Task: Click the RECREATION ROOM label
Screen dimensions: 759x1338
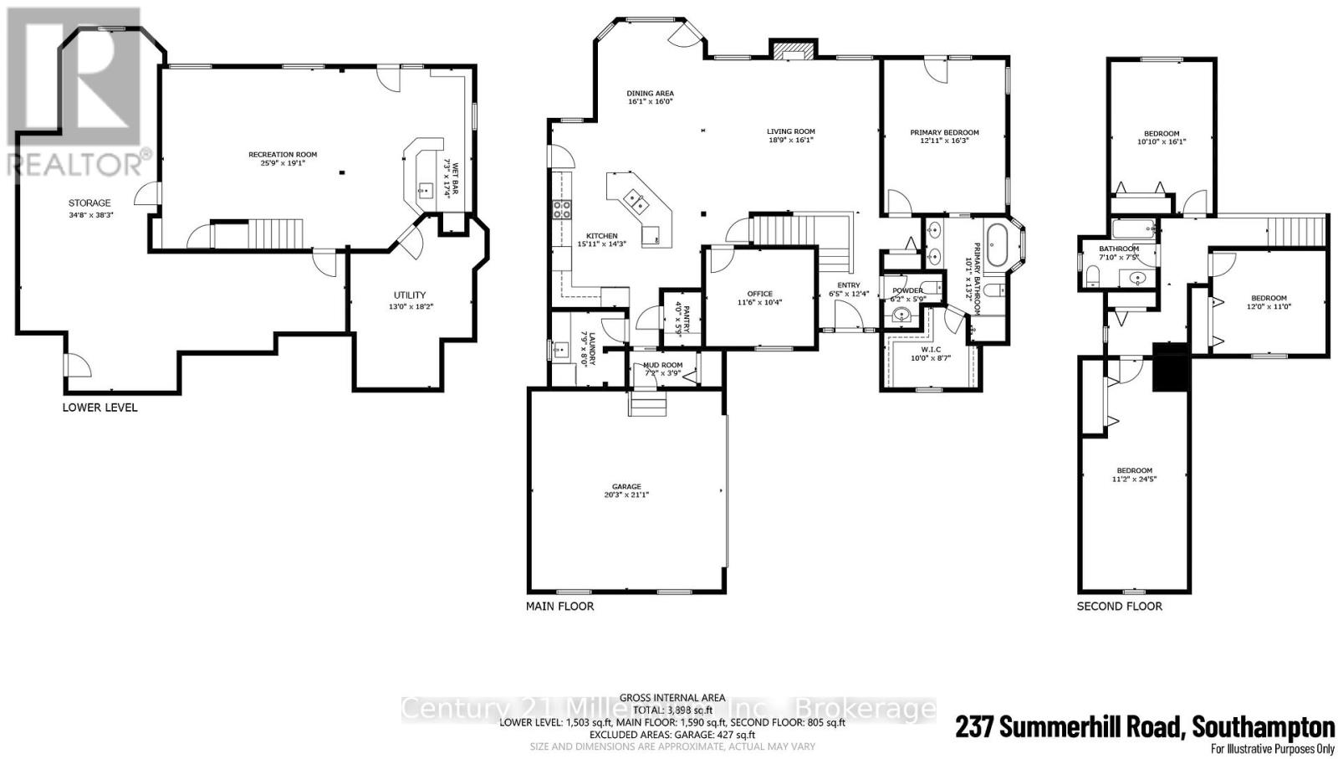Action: pyautogui.click(x=282, y=155)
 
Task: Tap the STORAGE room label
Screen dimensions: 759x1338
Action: pyautogui.click(x=89, y=203)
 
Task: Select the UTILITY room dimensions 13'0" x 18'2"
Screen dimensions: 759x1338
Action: pyautogui.click(x=410, y=306)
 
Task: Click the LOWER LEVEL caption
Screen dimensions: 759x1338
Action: pyautogui.click(x=100, y=408)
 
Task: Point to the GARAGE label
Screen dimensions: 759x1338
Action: pyautogui.click(x=626, y=486)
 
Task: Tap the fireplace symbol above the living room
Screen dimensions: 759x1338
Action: pyautogui.click(x=791, y=51)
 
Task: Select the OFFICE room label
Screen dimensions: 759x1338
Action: pyautogui.click(x=759, y=294)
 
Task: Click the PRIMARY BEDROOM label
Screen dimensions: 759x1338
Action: pyautogui.click(x=944, y=132)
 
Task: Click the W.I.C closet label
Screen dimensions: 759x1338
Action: pyautogui.click(x=932, y=348)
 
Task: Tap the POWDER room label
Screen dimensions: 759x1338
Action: pyautogui.click(x=907, y=290)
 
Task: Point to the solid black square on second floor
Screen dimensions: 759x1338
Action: pyautogui.click(x=1170, y=367)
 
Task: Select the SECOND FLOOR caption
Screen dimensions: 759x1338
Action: pyautogui.click(x=1119, y=606)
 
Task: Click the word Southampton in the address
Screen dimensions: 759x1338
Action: pyautogui.click(x=1263, y=726)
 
